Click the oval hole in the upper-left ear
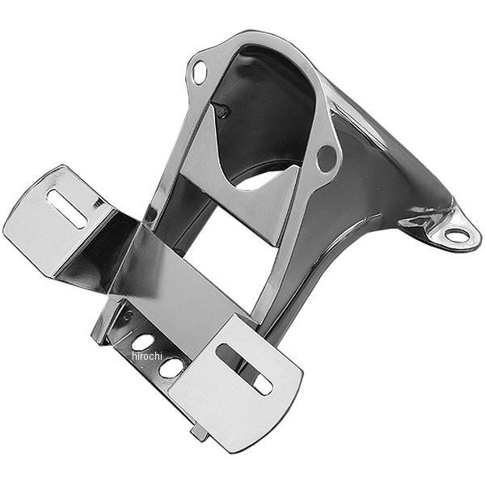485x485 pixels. (199, 73)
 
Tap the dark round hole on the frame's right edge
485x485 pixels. (327, 158)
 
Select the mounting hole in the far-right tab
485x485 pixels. (457, 235)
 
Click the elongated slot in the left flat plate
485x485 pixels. (67, 209)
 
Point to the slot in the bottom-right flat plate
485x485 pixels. (244, 369)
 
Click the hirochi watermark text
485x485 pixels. (147, 356)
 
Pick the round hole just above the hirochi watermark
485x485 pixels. (143, 342)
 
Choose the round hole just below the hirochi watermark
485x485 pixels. (171, 368)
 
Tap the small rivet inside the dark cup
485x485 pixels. (221, 112)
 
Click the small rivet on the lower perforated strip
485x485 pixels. (128, 315)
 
